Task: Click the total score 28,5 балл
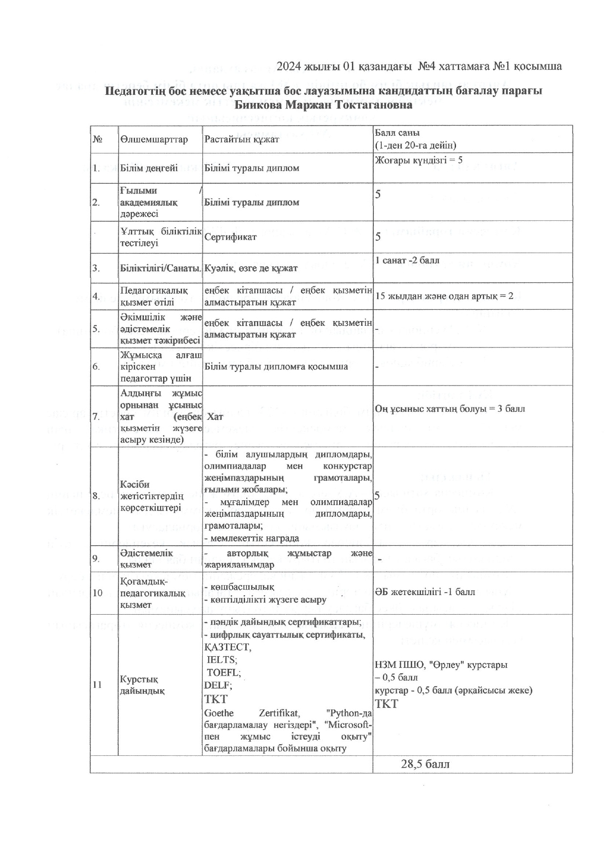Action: pyautogui.click(x=425, y=764)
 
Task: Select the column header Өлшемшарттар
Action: pyautogui.click(x=153, y=139)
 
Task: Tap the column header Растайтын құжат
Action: pyautogui.click(x=241, y=139)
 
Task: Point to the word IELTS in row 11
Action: pyautogui.click(x=222, y=660)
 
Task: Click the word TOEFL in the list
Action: pyautogui.click(x=223, y=672)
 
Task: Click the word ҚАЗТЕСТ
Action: pyautogui.click(x=227, y=647)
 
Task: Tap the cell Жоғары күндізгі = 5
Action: pyautogui.click(x=418, y=160)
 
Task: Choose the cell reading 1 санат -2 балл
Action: pyautogui.click(x=407, y=260)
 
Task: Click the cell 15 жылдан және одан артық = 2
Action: pyautogui.click(x=444, y=296)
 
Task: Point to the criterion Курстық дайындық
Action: pyautogui.click(x=142, y=685)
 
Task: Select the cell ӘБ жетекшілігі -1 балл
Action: pyautogui.click(x=425, y=592)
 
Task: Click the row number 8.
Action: pyautogui.click(x=96, y=496)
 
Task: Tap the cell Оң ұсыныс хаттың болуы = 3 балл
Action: pyautogui.click(x=450, y=408)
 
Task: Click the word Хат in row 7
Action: pyautogui.click(x=215, y=416)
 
